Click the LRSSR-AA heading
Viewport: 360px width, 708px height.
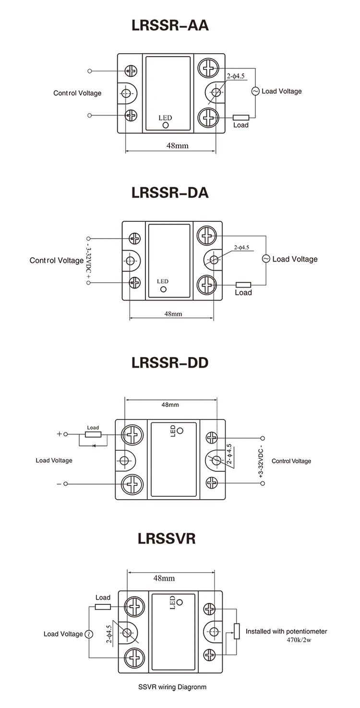tap(170, 25)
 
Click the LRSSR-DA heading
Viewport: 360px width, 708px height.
tap(170, 192)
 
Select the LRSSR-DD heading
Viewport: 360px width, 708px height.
tap(170, 362)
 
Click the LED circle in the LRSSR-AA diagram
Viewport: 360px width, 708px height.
tap(166, 125)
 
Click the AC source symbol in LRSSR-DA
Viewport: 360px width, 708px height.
tap(266, 259)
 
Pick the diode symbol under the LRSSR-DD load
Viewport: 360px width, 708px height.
tap(94, 446)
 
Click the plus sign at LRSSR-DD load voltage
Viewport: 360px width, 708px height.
tap(60, 434)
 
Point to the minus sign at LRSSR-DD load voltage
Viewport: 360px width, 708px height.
tap(60, 484)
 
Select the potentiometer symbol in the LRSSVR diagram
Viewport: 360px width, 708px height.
tap(236, 631)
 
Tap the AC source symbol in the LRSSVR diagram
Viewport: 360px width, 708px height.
tap(88, 634)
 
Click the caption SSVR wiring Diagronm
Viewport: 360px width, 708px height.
tap(172, 687)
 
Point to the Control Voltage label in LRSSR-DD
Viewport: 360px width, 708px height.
tap(291, 461)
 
